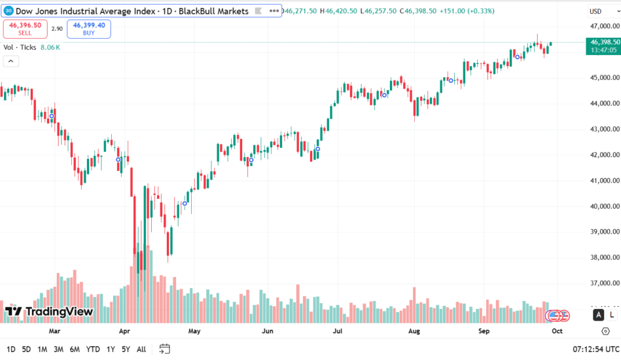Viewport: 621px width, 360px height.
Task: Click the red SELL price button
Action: coord(24,28)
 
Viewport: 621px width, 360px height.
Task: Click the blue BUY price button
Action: coord(88,28)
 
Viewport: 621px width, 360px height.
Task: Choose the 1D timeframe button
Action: coord(11,349)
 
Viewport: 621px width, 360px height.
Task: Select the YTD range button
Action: coord(93,349)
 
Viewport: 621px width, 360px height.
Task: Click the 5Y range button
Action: coord(125,349)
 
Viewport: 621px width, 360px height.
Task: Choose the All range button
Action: coord(141,349)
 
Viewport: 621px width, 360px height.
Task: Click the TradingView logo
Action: coord(49,312)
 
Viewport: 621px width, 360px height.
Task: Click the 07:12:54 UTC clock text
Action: coord(595,349)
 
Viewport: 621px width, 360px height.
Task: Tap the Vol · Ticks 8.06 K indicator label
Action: coord(31,47)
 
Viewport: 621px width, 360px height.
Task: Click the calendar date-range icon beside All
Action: coord(164,349)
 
